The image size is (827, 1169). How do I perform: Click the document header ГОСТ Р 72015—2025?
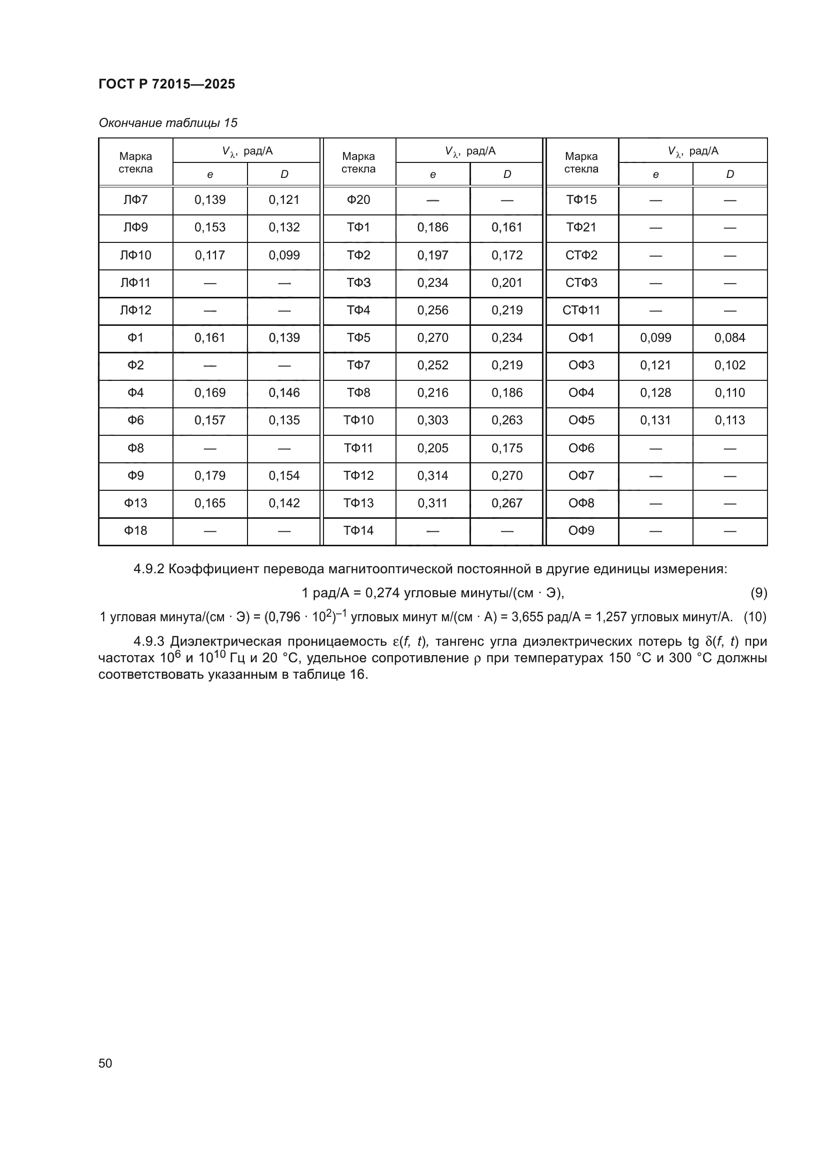tap(166, 84)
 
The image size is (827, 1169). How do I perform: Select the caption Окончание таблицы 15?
tap(168, 123)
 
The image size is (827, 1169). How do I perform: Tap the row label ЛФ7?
tap(135, 199)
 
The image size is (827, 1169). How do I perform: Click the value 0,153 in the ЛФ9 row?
tap(210, 227)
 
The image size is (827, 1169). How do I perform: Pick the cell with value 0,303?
tap(432, 420)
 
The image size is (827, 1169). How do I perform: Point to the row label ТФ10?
tap(358, 420)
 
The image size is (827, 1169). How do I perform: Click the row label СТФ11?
tap(581, 310)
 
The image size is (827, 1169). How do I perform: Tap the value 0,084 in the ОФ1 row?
tap(729, 337)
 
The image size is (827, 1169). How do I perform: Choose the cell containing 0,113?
tap(729, 420)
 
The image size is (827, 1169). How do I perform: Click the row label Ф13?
tap(135, 503)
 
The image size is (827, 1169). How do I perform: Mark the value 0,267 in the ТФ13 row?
tap(506, 503)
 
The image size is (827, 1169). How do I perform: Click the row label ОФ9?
tap(581, 531)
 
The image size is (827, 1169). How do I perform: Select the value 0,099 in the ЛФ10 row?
tap(284, 255)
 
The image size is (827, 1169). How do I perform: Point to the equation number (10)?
tap(754, 617)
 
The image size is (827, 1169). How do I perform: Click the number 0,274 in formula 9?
tap(379, 593)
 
